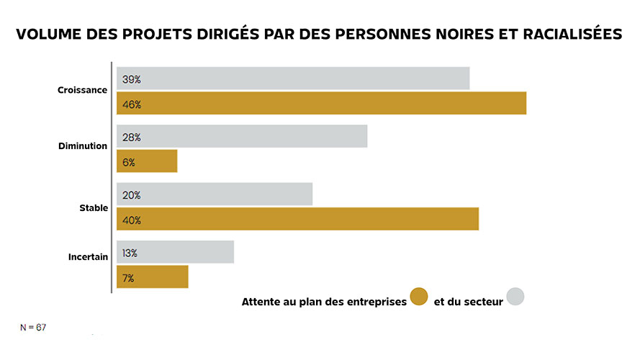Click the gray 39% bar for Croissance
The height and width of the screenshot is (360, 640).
(x=293, y=78)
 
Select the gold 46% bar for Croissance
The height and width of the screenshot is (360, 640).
(x=321, y=104)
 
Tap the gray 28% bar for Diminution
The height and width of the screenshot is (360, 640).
(x=242, y=137)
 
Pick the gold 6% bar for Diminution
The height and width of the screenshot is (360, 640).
(x=147, y=162)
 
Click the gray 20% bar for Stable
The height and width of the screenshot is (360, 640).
(x=215, y=194)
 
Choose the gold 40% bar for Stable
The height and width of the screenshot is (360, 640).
(x=297, y=220)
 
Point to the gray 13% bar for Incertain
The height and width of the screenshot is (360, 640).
(x=175, y=253)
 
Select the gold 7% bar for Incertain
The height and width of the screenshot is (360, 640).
(x=152, y=277)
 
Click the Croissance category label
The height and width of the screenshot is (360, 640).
(x=82, y=91)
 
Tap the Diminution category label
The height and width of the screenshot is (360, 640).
(x=82, y=146)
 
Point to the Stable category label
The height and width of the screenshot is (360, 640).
(x=93, y=208)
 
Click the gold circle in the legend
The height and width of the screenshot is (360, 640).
(x=419, y=296)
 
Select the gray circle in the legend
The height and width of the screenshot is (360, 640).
(x=515, y=296)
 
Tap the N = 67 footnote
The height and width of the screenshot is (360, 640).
(x=33, y=328)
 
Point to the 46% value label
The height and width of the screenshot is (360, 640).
(x=132, y=104)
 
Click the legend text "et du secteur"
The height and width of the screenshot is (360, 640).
(x=468, y=302)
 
